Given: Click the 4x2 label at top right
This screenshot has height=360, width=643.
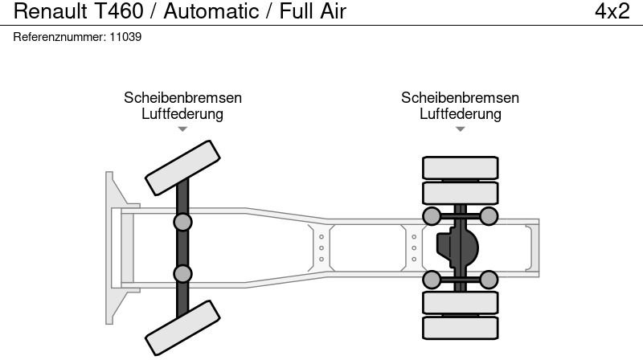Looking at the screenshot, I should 612,11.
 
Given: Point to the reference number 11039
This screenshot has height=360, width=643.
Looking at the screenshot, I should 126,37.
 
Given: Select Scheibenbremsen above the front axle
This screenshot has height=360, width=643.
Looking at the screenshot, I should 182,98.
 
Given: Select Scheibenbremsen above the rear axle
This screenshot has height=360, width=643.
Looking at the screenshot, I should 460,98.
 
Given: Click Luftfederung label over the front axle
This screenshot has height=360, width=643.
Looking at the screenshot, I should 182,114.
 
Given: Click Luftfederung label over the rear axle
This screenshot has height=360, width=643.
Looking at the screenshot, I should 460,114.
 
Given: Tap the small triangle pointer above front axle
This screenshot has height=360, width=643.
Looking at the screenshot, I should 182,129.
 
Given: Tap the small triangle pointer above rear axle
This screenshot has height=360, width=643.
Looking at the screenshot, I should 460,129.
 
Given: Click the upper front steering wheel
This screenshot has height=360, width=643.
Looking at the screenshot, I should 182,163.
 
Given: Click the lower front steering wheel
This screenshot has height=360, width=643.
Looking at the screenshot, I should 182,327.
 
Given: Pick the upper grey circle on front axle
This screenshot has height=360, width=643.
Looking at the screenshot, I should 183,223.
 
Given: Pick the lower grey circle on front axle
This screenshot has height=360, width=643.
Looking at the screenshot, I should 183,273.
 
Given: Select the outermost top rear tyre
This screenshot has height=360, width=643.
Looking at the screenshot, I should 460,167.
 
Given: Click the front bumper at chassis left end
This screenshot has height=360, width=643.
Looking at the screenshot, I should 114,247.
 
